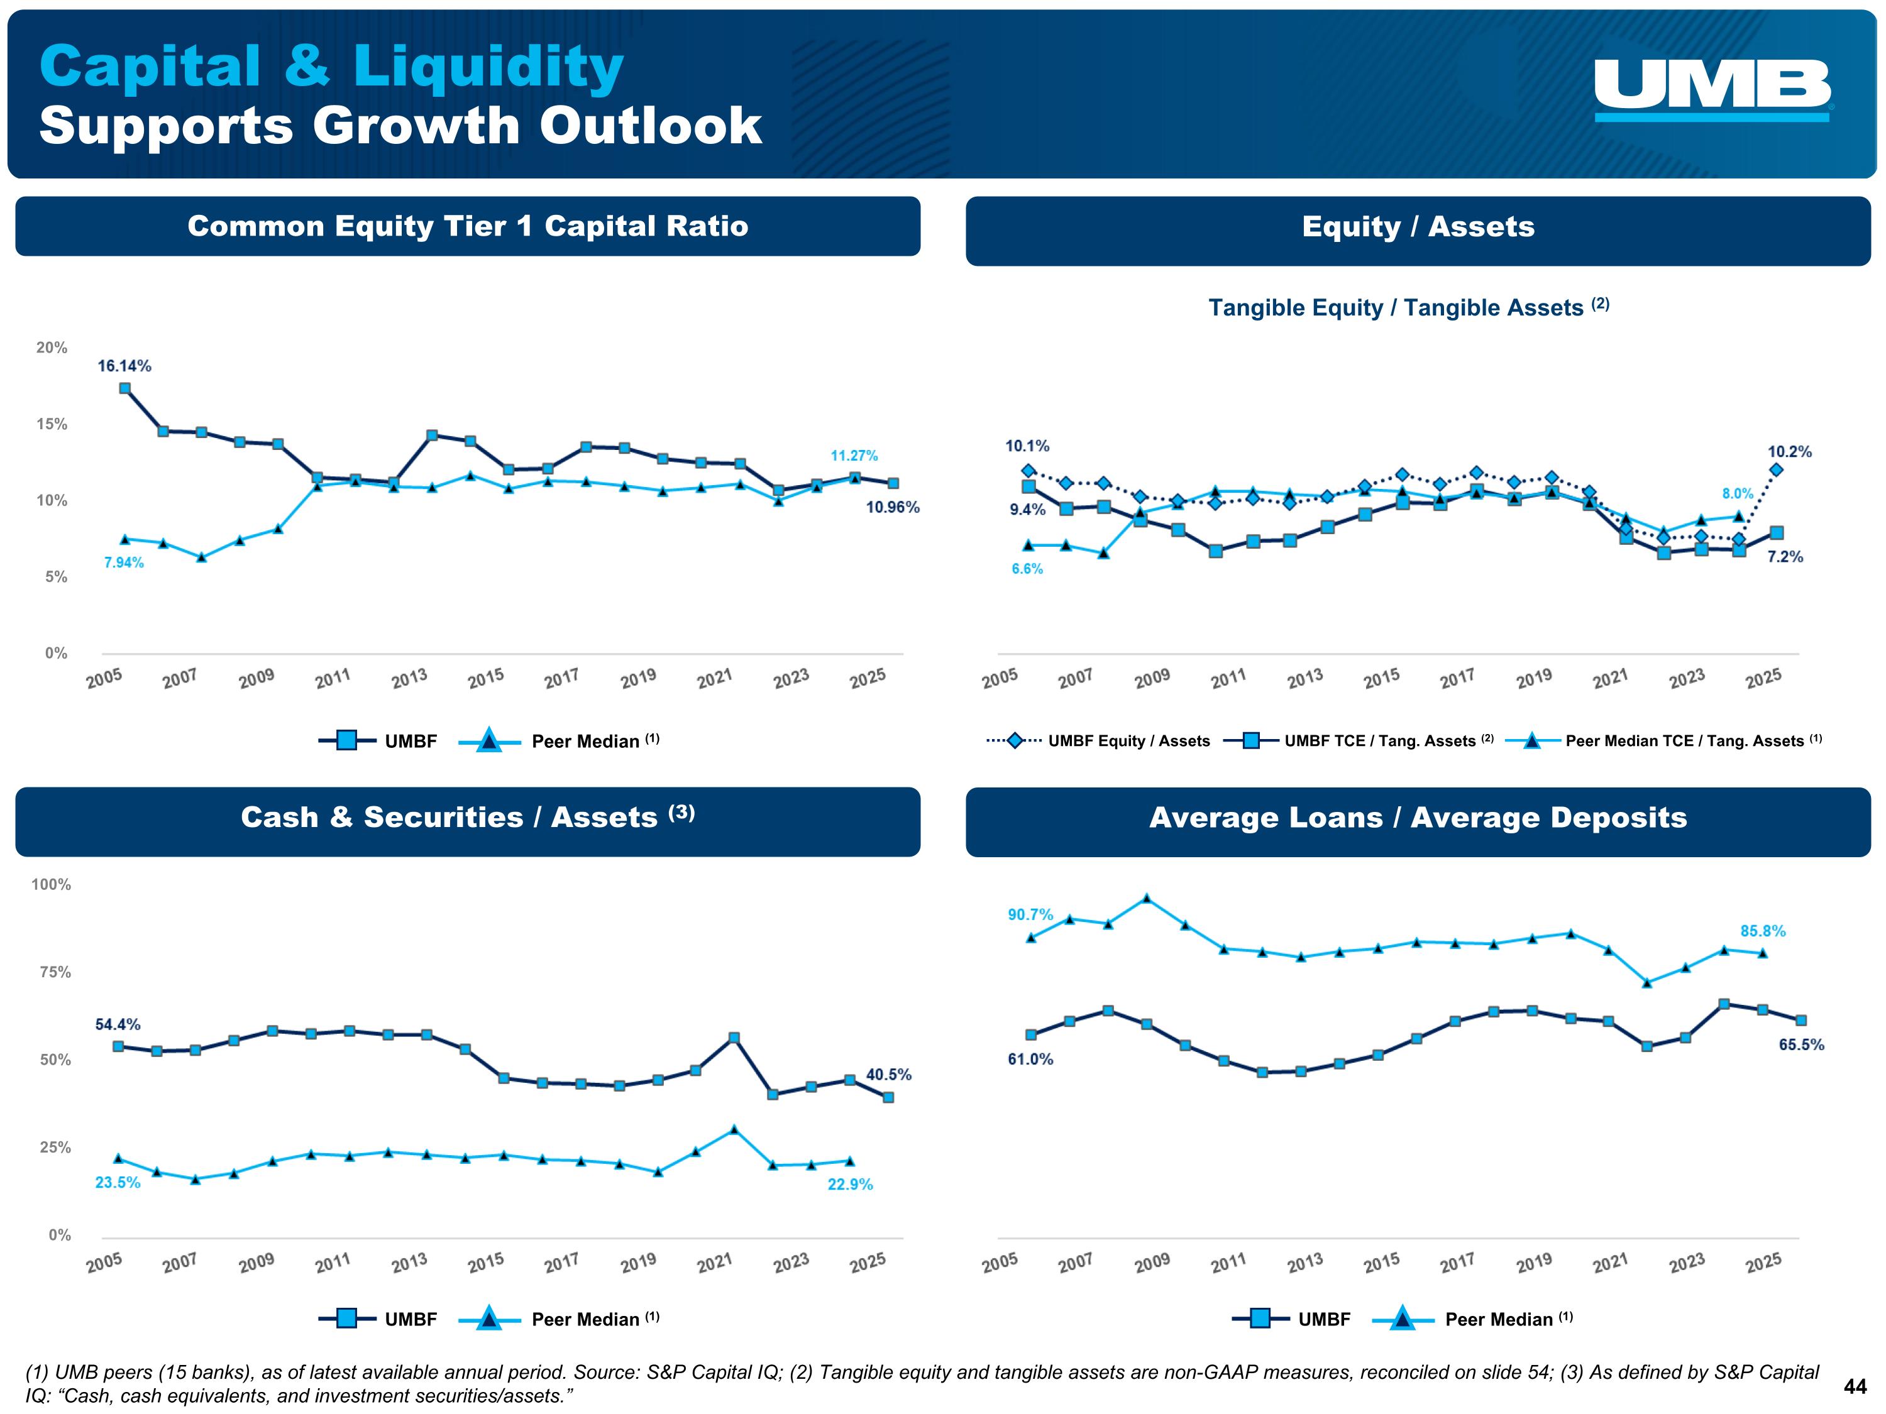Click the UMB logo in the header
point(1712,89)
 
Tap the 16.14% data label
point(124,366)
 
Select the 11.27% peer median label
point(854,456)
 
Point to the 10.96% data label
point(893,507)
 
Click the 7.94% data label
point(124,562)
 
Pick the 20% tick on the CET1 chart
point(51,348)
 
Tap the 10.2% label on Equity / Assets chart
point(1790,452)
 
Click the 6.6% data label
point(1027,569)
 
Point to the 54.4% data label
point(118,1024)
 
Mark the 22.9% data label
point(850,1184)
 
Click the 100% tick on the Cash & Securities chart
point(51,885)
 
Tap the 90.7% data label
point(1030,914)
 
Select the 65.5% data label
point(1801,1045)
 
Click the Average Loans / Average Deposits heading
point(1418,818)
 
